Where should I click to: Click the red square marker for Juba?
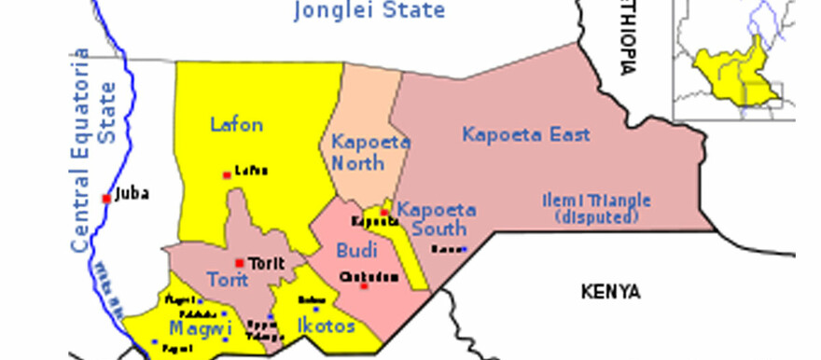pos(106,198)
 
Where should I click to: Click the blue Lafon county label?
pos(236,124)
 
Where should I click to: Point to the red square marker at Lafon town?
pos(226,174)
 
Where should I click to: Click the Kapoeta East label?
pos(526,135)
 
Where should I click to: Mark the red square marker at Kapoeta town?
pos(383,212)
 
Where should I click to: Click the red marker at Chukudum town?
pos(364,285)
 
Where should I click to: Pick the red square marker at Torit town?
pos(240,262)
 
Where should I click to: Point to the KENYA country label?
pos(610,292)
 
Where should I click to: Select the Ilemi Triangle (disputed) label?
pos(596,209)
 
